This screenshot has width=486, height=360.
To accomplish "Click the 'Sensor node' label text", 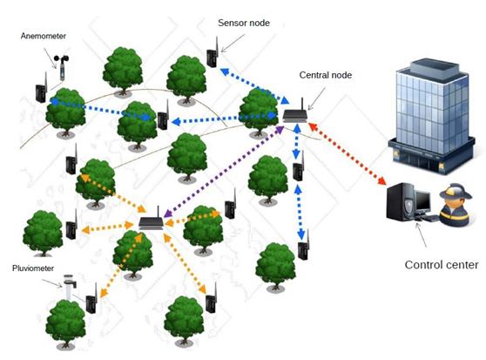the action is [244, 23].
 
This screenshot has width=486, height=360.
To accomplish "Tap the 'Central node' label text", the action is [326, 75].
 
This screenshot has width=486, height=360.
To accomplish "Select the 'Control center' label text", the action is [442, 265].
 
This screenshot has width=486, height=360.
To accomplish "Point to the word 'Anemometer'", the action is [44, 36].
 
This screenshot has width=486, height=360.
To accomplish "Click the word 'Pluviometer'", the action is [33, 268].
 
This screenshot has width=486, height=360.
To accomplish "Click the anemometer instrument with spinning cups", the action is [62, 68].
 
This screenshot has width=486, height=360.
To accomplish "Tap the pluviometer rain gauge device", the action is [70, 287].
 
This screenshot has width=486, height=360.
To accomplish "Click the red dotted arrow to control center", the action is [347, 153].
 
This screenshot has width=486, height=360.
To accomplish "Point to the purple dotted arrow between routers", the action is [224, 172].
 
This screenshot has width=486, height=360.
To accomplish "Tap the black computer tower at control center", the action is [400, 201].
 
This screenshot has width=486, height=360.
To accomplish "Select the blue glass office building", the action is [432, 116].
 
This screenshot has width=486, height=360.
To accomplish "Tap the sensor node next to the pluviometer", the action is [91, 299].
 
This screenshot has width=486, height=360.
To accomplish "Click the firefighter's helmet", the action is [456, 191].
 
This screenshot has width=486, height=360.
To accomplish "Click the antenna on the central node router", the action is [302, 105].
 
